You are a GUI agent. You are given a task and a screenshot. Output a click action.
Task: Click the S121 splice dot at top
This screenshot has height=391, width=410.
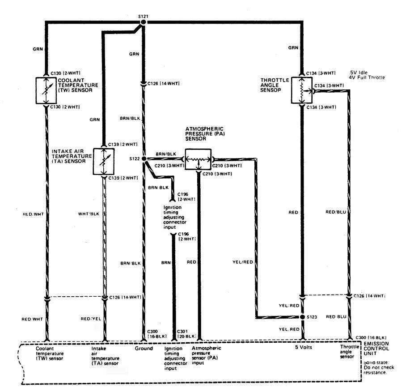pyautogui.click(x=144, y=21)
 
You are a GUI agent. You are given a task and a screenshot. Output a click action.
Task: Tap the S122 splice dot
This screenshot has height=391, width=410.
pyautogui.click(x=144, y=159)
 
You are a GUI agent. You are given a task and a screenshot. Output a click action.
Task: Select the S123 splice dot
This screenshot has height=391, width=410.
pyautogui.click(x=302, y=317)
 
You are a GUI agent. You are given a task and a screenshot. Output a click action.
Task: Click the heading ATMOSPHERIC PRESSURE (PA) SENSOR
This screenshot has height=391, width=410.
pyautogui.click(x=204, y=134)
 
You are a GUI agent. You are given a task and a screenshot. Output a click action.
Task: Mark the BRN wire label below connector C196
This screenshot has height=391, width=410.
pyautogui.click(x=165, y=264)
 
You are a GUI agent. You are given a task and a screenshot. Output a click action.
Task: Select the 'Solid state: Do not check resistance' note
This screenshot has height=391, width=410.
pyautogui.click(x=376, y=367)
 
